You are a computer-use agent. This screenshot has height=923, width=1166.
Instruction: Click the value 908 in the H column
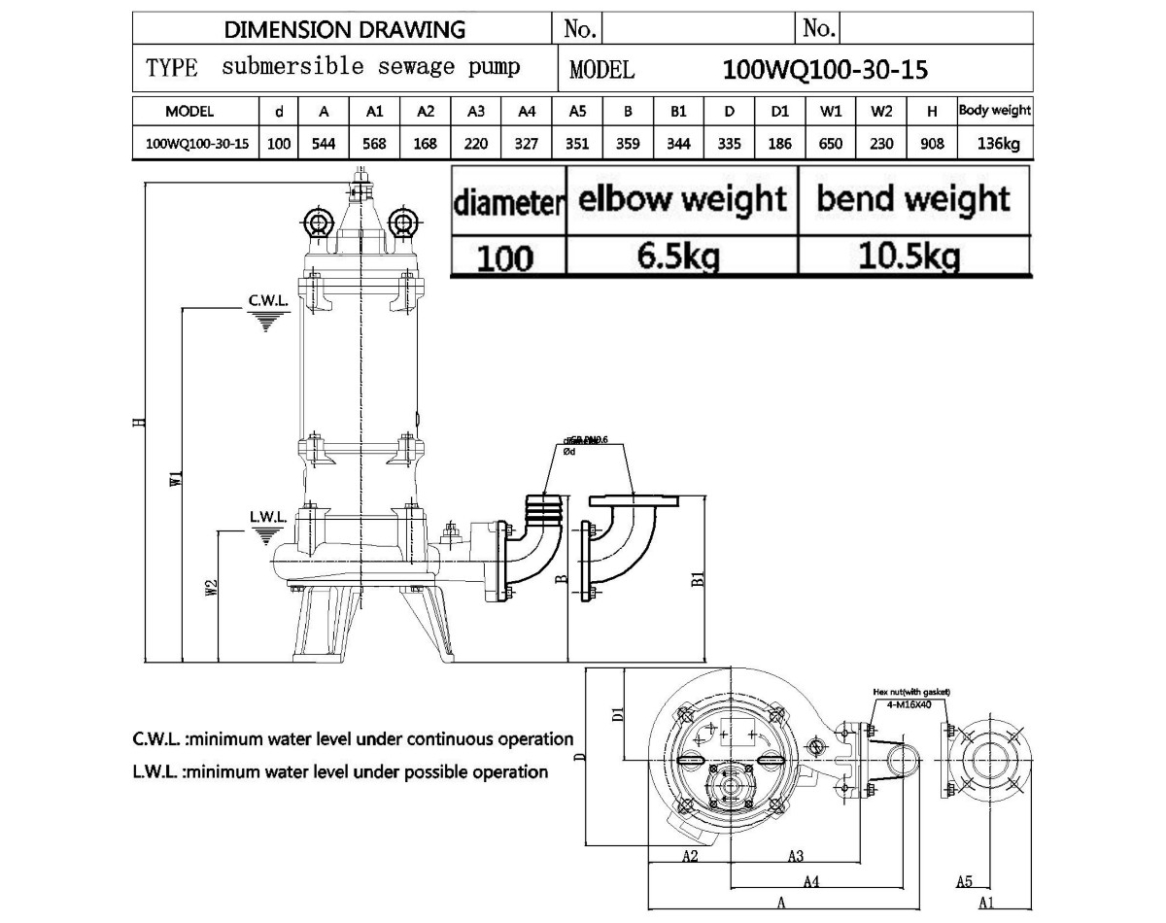(x=932, y=144)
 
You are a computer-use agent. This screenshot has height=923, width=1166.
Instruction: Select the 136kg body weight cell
(x=995, y=144)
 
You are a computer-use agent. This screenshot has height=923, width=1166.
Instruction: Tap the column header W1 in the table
(x=831, y=112)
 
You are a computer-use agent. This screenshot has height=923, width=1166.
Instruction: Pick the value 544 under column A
(x=325, y=144)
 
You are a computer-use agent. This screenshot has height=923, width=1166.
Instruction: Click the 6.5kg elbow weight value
(x=681, y=256)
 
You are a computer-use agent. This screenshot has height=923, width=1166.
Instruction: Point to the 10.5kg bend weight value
(x=912, y=256)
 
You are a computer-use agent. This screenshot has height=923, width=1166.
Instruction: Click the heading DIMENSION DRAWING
(x=345, y=29)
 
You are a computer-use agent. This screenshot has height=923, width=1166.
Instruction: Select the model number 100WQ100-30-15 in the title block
(x=826, y=70)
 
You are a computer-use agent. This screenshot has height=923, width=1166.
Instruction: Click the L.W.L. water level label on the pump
(x=266, y=518)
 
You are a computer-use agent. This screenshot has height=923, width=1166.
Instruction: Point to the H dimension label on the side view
(x=139, y=422)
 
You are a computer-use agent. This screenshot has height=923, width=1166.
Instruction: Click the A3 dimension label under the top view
(x=795, y=856)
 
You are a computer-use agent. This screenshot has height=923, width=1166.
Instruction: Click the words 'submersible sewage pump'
(x=370, y=67)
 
